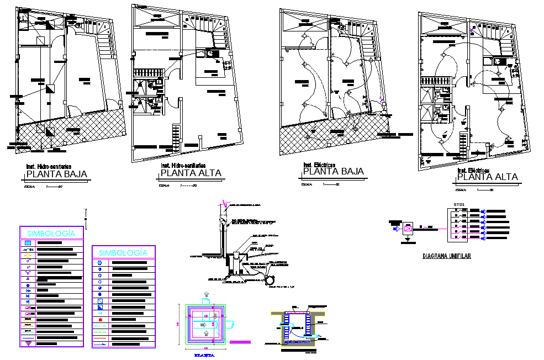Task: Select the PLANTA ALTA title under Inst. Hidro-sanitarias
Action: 191,173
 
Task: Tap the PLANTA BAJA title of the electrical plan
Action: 333,172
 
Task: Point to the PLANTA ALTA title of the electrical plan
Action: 488,177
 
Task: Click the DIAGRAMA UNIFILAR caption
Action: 447,256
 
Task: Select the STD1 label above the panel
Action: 459,204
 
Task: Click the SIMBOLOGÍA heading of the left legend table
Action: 51,234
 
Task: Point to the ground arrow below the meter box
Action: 408,240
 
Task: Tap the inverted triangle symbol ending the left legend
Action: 28,343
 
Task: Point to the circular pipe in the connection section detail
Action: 271,271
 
